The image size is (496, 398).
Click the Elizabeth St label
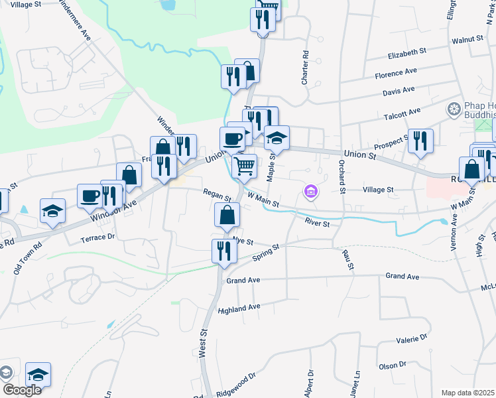pyautogui.click(x=408, y=52)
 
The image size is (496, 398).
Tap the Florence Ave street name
pyautogui.click(x=396, y=71)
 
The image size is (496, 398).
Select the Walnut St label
pyautogui.click(x=467, y=40)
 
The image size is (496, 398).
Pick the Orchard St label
pyautogui.click(x=343, y=176)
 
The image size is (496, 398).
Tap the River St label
pyautogui.click(x=318, y=223)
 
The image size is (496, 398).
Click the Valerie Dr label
pyautogui.click(x=411, y=339)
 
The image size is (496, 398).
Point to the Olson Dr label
pyautogui.click(x=392, y=365)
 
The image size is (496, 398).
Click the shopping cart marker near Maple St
pyautogui.click(x=245, y=166)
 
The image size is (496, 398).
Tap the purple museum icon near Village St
pyautogui.click(x=310, y=192)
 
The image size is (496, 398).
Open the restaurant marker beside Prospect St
pyautogui.click(x=420, y=141)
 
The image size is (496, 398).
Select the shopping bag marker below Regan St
pyautogui.click(x=227, y=214)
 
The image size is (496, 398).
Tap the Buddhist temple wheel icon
pyautogui.click(x=455, y=108)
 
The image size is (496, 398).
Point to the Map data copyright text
pyautogui.click(x=467, y=393)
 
